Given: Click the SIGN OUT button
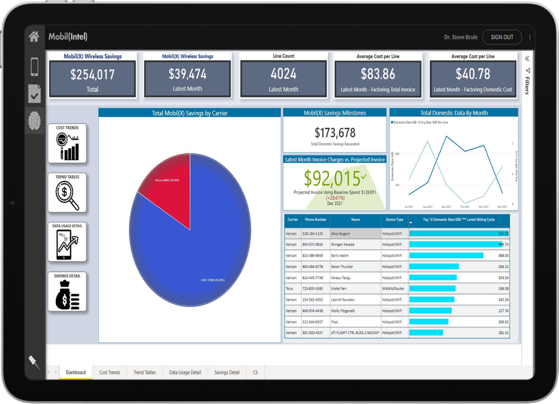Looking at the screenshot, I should coord(501,37).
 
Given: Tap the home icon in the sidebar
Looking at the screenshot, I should coord(34,37).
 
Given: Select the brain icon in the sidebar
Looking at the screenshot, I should coord(34,120).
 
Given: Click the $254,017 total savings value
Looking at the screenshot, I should coord(92,74).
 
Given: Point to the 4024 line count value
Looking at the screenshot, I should coord(283,74).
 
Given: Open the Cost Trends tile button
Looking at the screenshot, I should coord(67,144).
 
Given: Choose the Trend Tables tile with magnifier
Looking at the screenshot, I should coord(67,193).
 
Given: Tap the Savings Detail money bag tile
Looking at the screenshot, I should coord(67,292).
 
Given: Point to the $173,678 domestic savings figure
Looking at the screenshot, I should coord(335,133).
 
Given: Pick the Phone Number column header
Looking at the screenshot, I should coord(315,220).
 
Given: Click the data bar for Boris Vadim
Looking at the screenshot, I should coord(446,256).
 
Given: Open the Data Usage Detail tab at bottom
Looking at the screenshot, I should coord(185,373).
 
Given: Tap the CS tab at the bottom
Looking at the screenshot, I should coord(256,373).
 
